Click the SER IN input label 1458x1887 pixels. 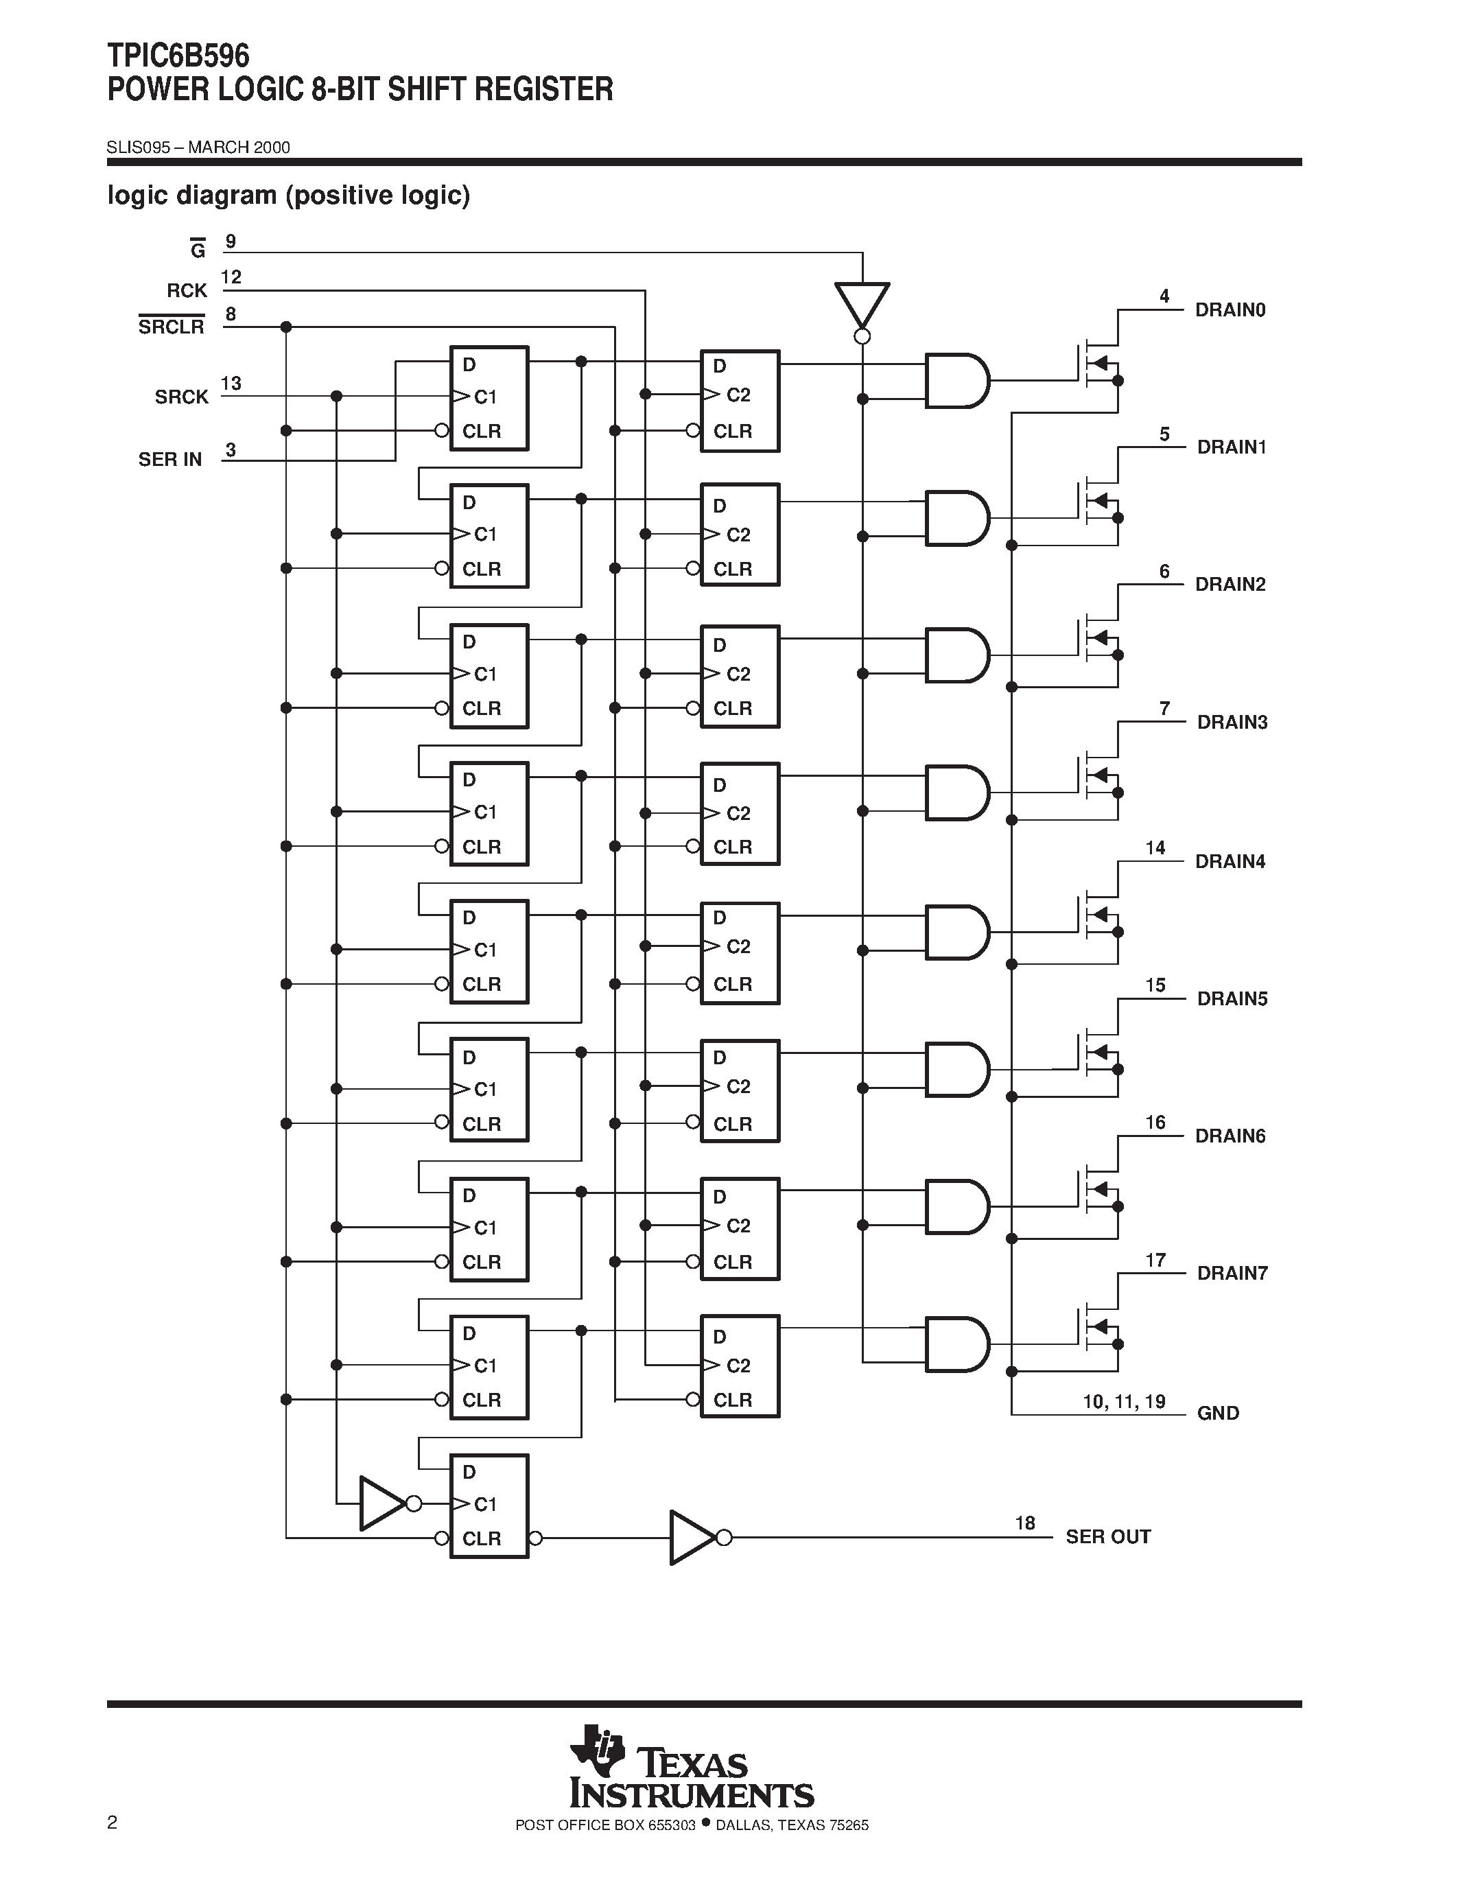tap(170, 460)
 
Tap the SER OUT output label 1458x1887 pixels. tap(1107, 1536)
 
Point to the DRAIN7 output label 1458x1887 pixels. tap(1232, 1273)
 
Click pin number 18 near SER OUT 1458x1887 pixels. tap(1024, 1523)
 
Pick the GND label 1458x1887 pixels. tap(1218, 1414)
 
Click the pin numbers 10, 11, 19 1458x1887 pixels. tap(1124, 1401)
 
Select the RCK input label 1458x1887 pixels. tap(187, 291)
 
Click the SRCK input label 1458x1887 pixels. tap(181, 397)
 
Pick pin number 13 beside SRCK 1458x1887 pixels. tap(231, 383)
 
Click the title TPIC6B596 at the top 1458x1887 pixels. tap(178, 56)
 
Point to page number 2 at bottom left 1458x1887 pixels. tap(113, 1823)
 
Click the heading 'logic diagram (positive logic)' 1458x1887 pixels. tap(288, 196)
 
